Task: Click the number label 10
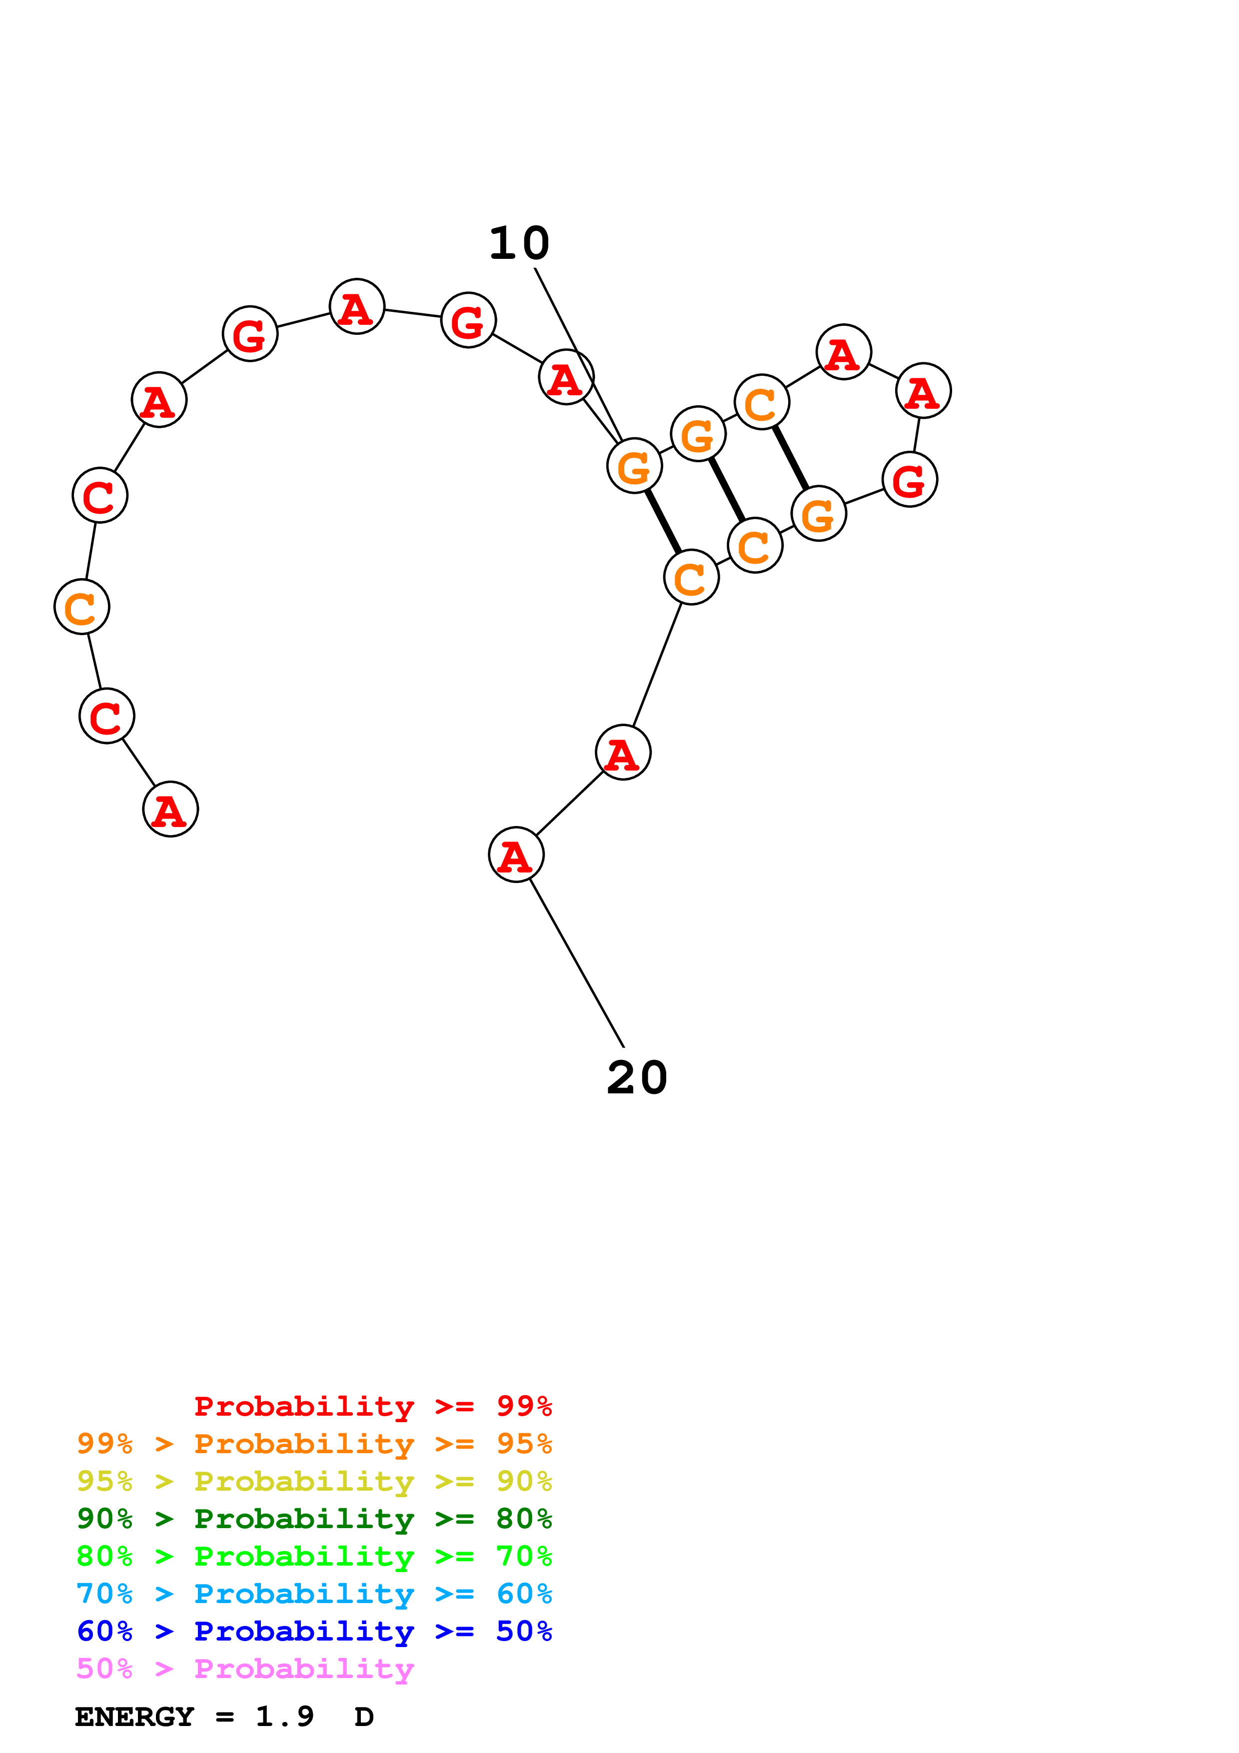519,243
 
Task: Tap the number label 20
637,1078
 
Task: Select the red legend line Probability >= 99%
372,1406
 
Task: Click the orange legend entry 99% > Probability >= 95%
314,1444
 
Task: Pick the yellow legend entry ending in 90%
314,1481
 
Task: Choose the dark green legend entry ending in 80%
314,1519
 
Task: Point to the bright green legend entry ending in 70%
314,1556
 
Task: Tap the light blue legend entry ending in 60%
314,1594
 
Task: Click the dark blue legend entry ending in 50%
314,1631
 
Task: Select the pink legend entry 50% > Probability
245,1668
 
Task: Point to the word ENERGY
134,1717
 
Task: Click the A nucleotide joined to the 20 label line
516,855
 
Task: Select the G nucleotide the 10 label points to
634,466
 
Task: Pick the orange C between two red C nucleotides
81,607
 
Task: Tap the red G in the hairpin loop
909,480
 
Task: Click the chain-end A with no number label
170,810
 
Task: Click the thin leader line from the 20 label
577,963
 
